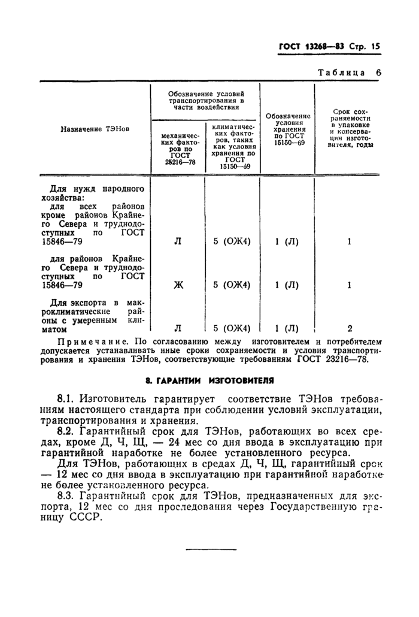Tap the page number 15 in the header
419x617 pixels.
coord(376,46)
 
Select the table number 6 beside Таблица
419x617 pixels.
coord(378,72)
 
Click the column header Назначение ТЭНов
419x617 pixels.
coord(95,129)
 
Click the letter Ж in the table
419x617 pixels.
coord(178,285)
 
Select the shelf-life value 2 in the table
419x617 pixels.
coord(350,328)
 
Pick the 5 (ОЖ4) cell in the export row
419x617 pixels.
coord(232,328)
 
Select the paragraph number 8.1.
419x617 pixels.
coord(65,399)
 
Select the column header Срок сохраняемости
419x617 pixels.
coord(350,128)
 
